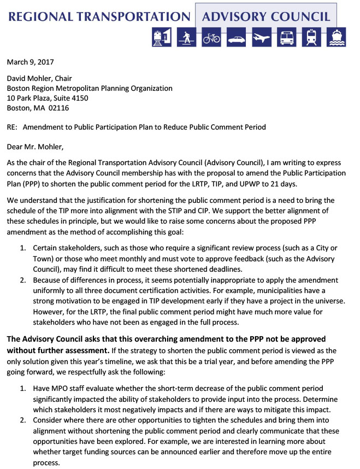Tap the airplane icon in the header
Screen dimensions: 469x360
[262, 38]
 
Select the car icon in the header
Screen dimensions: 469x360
[236, 38]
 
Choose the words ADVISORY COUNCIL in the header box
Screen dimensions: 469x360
[266, 15]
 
